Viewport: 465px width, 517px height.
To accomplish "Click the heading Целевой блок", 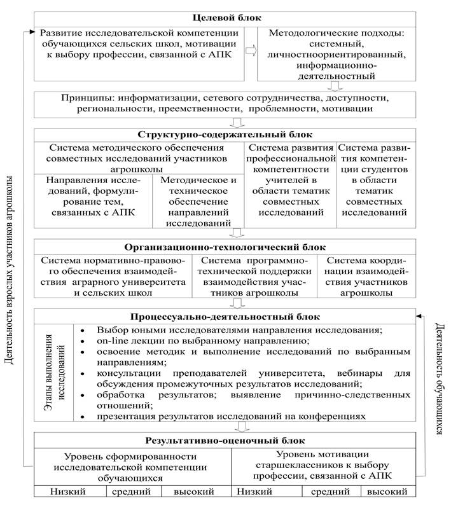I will click(x=225, y=18).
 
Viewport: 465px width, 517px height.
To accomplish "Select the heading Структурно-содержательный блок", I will click(x=225, y=134).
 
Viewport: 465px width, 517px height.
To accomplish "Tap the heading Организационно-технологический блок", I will click(x=225, y=247).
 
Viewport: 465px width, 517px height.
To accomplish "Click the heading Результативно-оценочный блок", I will click(x=225, y=440).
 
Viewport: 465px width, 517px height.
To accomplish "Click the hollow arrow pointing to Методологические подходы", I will click(x=251, y=50).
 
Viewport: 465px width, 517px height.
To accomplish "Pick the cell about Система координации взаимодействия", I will click(x=366, y=277).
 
